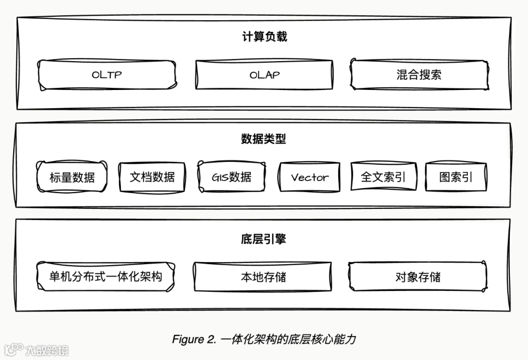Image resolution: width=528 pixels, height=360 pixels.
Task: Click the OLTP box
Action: click(x=107, y=75)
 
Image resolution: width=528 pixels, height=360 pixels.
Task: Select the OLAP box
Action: click(x=264, y=75)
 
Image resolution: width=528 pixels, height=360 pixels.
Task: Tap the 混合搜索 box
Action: click(x=419, y=75)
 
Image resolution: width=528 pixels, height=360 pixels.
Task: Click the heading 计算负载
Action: click(x=264, y=37)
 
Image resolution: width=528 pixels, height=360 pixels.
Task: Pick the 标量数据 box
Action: click(x=72, y=177)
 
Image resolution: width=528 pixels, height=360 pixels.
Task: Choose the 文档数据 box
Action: click(x=152, y=177)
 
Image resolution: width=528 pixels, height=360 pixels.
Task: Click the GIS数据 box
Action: click(x=232, y=177)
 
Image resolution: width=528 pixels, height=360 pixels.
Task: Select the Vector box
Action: click(x=309, y=177)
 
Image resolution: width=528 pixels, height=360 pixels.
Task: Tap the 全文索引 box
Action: click(x=383, y=177)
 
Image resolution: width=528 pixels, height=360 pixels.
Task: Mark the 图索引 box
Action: click(x=456, y=177)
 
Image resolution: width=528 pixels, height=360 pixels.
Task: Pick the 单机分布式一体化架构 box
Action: click(x=106, y=277)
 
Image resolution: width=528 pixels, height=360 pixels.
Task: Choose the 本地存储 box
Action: click(x=264, y=277)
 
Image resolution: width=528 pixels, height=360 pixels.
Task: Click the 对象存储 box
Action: click(x=418, y=277)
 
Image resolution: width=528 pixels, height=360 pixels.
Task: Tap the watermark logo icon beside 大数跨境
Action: click(x=14, y=349)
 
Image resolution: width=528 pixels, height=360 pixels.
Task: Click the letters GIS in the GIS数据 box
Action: click(x=220, y=177)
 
